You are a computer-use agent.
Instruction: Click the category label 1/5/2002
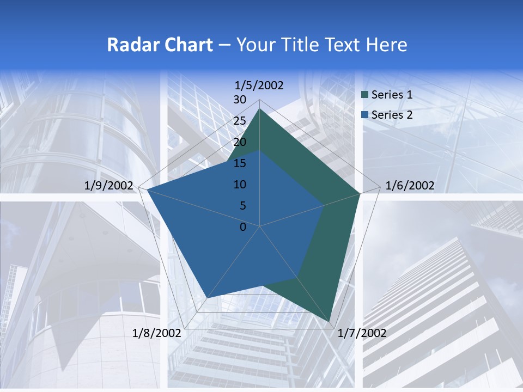pyautogui.click(x=259, y=85)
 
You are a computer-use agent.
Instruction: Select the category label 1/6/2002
pyautogui.click(x=410, y=186)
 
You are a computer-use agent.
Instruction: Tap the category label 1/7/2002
pyautogui.click(x=362, y=333)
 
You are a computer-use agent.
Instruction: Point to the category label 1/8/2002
pyautogui.click(x=156, y=333)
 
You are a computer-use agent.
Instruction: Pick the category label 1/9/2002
pyautogui.click(x=109, y=186)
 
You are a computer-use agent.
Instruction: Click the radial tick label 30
pyautogui.click(x=240, y=100)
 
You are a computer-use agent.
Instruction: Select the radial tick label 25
pyautogui.click(x=240, y=121)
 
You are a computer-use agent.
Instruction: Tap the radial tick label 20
pyautogui.click(x=240, y=142)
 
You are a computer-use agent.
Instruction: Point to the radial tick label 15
pyautogui.click(x=240, y=163)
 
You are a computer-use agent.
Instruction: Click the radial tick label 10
pyautogui.click(x=240, y=185)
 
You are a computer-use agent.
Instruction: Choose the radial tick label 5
pyautogui.click(x=242, y=206)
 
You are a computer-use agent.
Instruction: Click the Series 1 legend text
pyautogui.click(x=392, y=95)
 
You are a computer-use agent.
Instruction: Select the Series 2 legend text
pyautogui.click(x=392, y=114)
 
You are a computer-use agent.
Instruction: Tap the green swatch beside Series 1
pyautogui.click(x=365, y=95)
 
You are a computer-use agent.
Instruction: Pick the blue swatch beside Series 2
pyautogui.click(x=365, y=114)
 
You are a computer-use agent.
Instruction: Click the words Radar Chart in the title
pyautogui.click(x=160, y=45)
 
